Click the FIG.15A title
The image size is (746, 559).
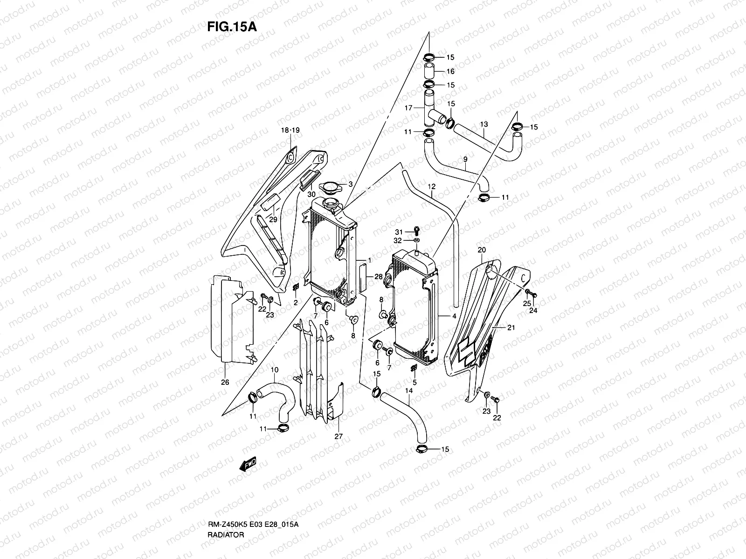coord(232,27)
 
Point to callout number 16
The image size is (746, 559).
coord(450,71)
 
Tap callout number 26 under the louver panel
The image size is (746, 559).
coord(225,382)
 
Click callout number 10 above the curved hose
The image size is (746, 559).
coord(275,370)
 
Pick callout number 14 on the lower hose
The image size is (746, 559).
coord(409,390)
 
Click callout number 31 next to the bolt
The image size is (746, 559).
coord(398,232)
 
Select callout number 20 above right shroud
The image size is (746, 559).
coord(482,250)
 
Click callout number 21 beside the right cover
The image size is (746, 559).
coord(511,328)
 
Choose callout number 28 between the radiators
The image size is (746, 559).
coord(378,277)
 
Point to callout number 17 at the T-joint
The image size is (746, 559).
coord(408,108)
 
